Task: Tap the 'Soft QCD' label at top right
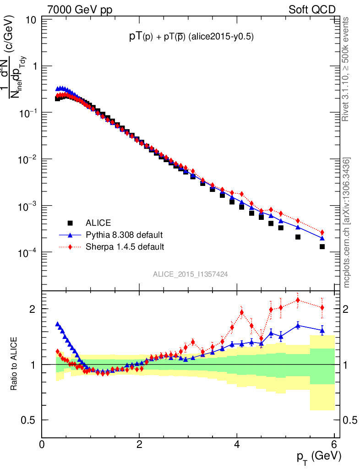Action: pyautogui.click(x=312, y=10)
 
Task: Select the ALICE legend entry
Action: pyautogui.click(x=98, y=223)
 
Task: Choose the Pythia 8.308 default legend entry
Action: pyautogui.click(x=124, y=235)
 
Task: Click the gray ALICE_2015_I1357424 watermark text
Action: pyautogui.click(x=191, y=274)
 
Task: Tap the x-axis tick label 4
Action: pyautogui.click(x=237, y=444)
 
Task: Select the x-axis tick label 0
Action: pyautogui.click(x=42, y=444)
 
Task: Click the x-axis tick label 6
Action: pyautogui.click(x=334, y=444)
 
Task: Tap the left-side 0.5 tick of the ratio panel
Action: pyautogui.click(x=29, y=420)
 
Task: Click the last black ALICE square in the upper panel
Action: pyautogui.click(x=322, y=246)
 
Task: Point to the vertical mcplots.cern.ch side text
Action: pyautogui.click(x=347, y=222)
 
